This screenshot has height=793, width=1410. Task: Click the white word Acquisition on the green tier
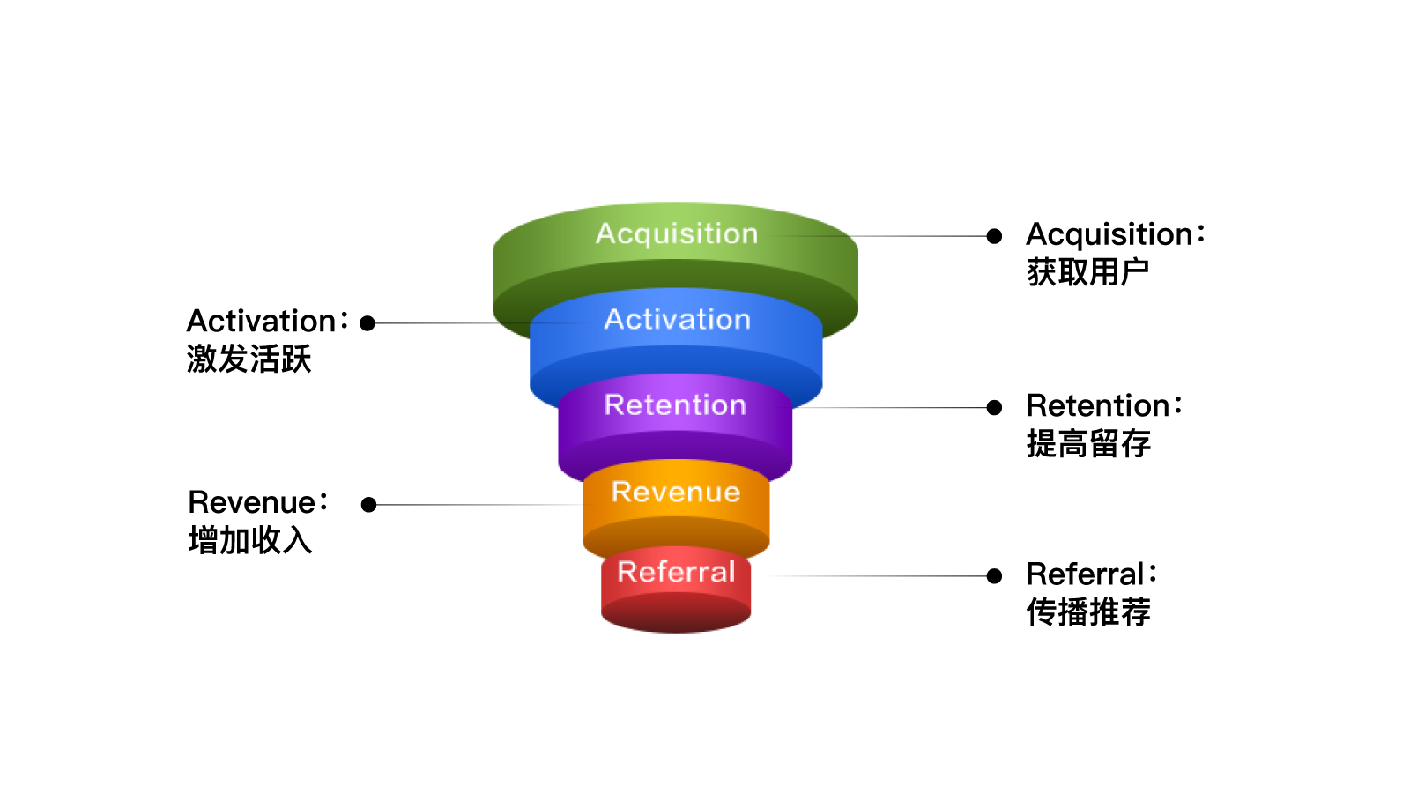[677, 233]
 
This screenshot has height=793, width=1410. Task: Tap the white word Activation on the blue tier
[677, 319]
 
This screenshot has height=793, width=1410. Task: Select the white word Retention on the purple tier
[675, 404]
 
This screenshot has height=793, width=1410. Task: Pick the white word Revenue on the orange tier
[676, 492]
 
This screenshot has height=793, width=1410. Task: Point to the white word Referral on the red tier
[676, 572]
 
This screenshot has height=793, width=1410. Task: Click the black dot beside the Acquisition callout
[994, 236]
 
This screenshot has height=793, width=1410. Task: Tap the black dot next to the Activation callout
[367, 323]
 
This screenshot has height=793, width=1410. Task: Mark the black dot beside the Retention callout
[994, 407]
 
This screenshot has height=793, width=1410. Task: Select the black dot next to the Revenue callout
[369, 505]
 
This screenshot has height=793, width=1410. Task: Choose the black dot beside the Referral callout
[994, 576]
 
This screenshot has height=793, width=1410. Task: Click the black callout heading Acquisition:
[1115, 234]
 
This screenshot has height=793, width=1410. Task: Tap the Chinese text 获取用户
[1087, 272]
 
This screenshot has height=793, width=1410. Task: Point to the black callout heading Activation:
[267, 321]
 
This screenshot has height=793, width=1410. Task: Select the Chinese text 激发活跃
[249, 359]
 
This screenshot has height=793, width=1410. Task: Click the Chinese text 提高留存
[1088, 444]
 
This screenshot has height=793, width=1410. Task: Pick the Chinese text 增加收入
[250, 540]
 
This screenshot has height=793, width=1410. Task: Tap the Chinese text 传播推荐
[1088, 612]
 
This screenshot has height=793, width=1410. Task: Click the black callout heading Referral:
[1091, 574]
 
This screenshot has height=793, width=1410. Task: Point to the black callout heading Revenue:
[257, 502]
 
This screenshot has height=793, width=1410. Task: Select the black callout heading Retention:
[1103, 406]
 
